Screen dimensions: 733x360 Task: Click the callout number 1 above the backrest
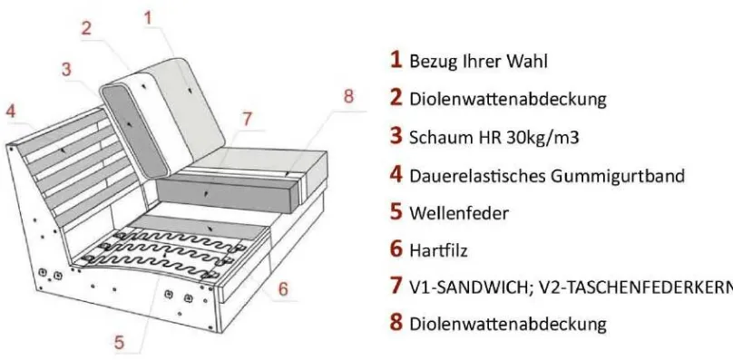[148, 18]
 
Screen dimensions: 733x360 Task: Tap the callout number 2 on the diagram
[86, 28]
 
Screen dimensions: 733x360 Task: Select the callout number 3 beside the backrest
[66, 69]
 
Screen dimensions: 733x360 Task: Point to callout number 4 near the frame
[11, 111]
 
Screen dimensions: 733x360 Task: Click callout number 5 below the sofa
[120, 342]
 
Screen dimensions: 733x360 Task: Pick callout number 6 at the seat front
[283, 288]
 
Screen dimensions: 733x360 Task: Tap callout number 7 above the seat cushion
[248, 119]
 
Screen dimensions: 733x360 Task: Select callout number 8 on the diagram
[348, 97]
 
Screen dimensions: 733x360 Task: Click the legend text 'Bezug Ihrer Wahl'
[478, 62]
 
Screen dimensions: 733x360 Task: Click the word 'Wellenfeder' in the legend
[459, 213]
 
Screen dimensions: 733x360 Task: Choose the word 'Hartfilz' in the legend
[438, 251]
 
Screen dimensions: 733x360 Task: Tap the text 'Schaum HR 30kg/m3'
[494, 138]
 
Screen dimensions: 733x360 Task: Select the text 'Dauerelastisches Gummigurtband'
[547, 176]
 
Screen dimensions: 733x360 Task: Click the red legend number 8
[396, 323]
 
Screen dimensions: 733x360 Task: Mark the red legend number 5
[396, 212]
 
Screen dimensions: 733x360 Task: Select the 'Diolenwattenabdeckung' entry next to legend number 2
[508, 99]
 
